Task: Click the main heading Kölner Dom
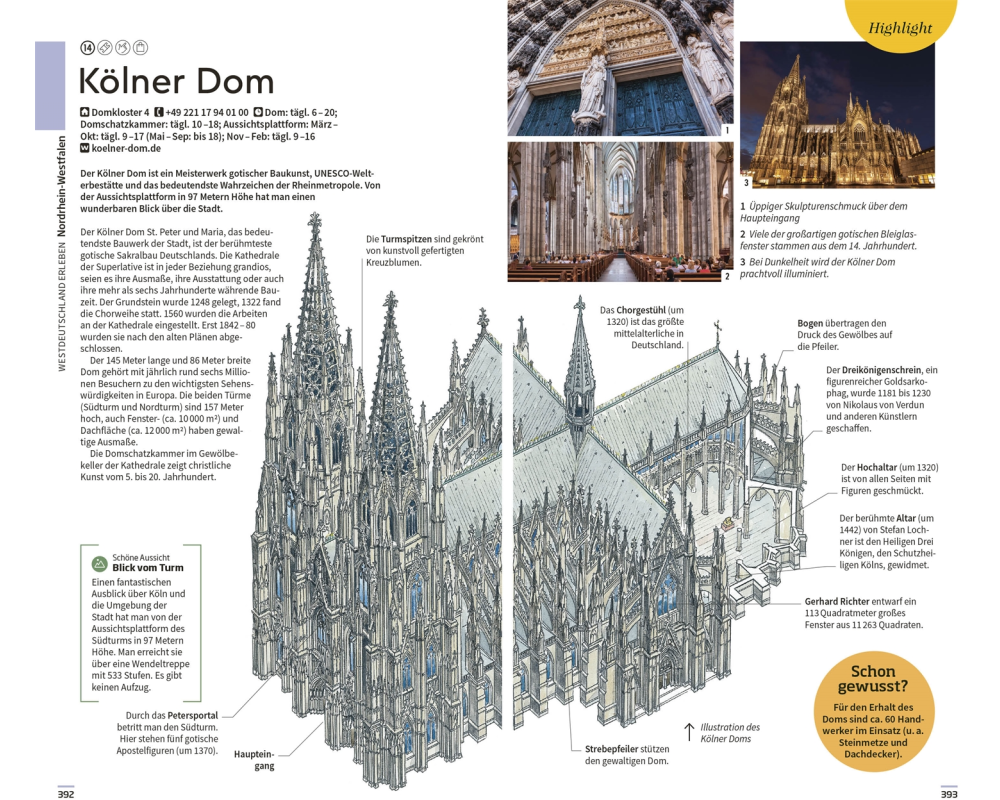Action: [176, 82]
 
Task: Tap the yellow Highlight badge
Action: [901, 24]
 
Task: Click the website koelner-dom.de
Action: [126, 148]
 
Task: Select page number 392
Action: [66, 794]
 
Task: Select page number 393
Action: [949, 794]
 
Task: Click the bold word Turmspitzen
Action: [406, 239]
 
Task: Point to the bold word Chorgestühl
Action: [641, 310]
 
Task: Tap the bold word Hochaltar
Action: [877, 468]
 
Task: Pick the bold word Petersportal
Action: [193, 716]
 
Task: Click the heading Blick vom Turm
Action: [148, 568]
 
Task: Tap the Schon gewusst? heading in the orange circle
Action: [872, 679]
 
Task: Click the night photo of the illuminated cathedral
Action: [837, 115]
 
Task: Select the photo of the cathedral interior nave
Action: [620, 212]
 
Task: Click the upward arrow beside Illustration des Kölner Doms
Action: [689, 732]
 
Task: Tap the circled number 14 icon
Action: [87, 47]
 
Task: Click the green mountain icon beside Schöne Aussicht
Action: [99, 563]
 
